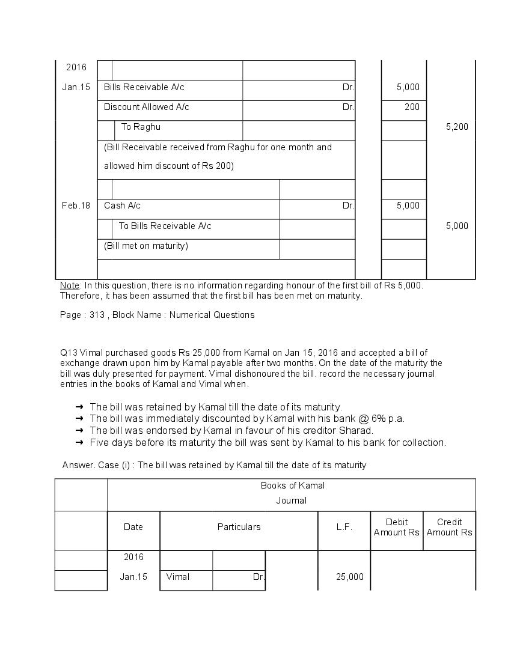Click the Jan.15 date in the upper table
coord(76,87)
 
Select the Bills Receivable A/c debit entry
coord(144,87)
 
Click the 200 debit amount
coord(412,107)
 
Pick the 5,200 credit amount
coord(457,127)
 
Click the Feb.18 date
coord(76,206)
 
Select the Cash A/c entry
coord(122,206)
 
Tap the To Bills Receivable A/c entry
coord(165,226)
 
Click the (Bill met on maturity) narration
coord(145,246)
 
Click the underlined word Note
coord(69,285)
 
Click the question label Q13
coord(69,353)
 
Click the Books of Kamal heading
coord(292,486)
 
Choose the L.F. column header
coord(344,527)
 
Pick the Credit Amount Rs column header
coord(449,527)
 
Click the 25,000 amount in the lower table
coord(349,577)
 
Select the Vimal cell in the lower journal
coord(178,577)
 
